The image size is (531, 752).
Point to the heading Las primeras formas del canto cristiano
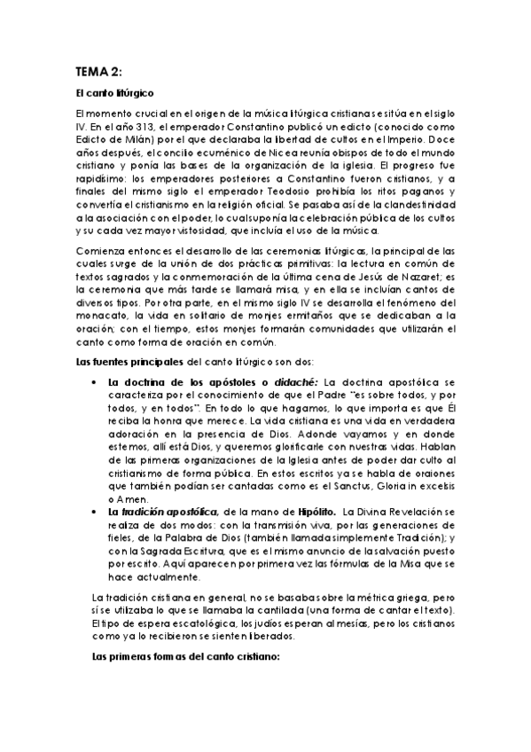[186, 658]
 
